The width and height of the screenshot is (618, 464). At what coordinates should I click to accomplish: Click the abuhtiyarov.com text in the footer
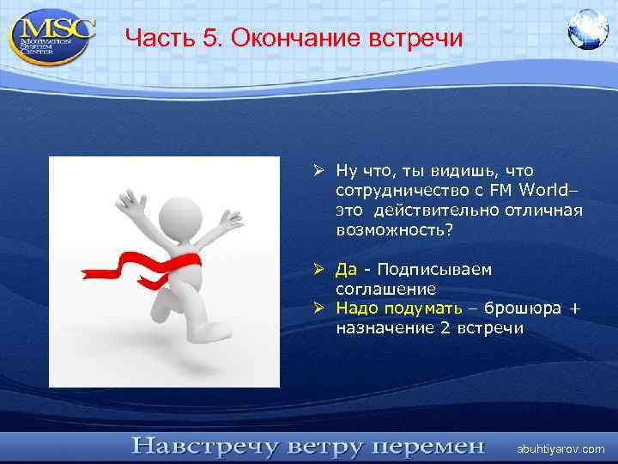click(560, 449)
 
